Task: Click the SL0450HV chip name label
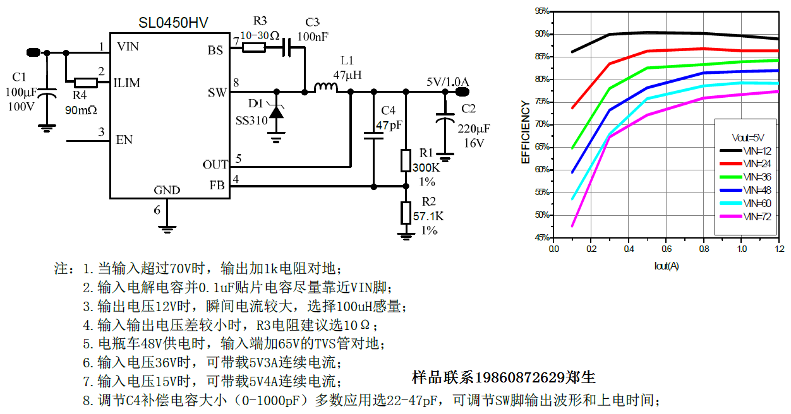click(173, 23)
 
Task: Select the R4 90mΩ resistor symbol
click(85, 82)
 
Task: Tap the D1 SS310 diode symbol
click(276, 112)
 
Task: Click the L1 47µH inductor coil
click(326, 88)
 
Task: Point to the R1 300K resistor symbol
click(406, 161)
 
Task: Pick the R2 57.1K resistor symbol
click(406, 212)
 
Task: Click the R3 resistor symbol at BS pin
click(254, 47)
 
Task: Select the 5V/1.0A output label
click(447, 82)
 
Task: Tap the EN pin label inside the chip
click(124, 139)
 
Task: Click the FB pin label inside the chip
click(217, 186)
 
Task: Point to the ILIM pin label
click(126, 83)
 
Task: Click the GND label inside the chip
click(167, 190)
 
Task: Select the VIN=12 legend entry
click(756, 151)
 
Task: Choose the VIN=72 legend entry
click(756, 216)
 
